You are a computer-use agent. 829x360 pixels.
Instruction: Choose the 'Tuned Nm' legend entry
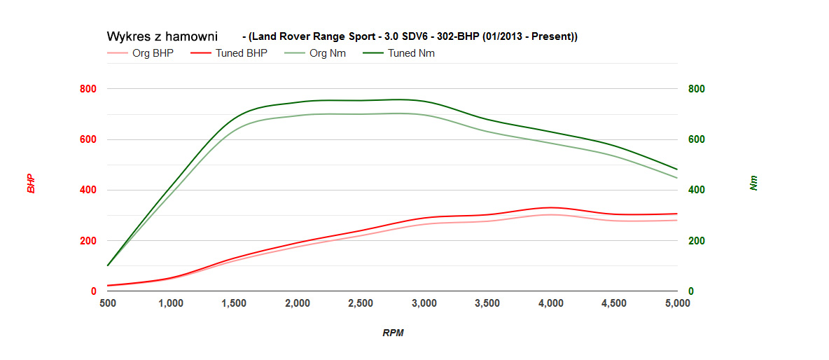click(411, 53)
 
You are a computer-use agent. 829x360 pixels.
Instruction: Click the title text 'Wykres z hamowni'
click(162, 36)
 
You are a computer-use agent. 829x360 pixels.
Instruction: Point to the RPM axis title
click(393, 333)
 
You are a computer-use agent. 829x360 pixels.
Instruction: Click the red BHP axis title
click(31, 184)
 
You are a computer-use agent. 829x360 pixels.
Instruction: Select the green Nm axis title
click(753, 184)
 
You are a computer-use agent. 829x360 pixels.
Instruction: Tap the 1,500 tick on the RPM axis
click(234, 303)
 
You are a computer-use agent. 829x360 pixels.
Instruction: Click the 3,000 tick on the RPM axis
click(424, 303)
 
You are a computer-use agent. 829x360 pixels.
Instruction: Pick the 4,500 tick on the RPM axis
click(614, 303)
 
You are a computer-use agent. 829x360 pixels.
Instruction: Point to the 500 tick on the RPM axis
click(107, 303)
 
